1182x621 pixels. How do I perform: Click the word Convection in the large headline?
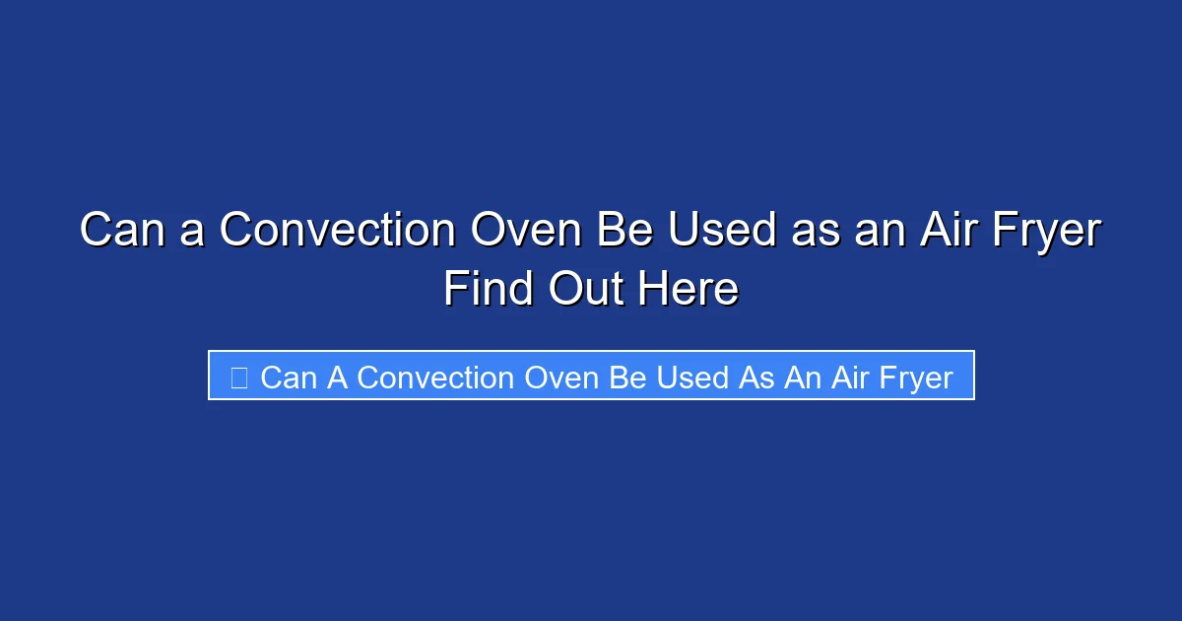[337, 231]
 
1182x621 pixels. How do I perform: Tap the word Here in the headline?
[688, 289]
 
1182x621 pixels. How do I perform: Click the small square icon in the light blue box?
[238, 377]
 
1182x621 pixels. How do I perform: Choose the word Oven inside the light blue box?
[561, 378]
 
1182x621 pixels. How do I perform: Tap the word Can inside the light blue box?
[290, 378]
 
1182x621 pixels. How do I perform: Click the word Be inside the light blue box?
[628, 378]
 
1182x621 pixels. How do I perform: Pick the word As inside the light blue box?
[756, 378]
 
